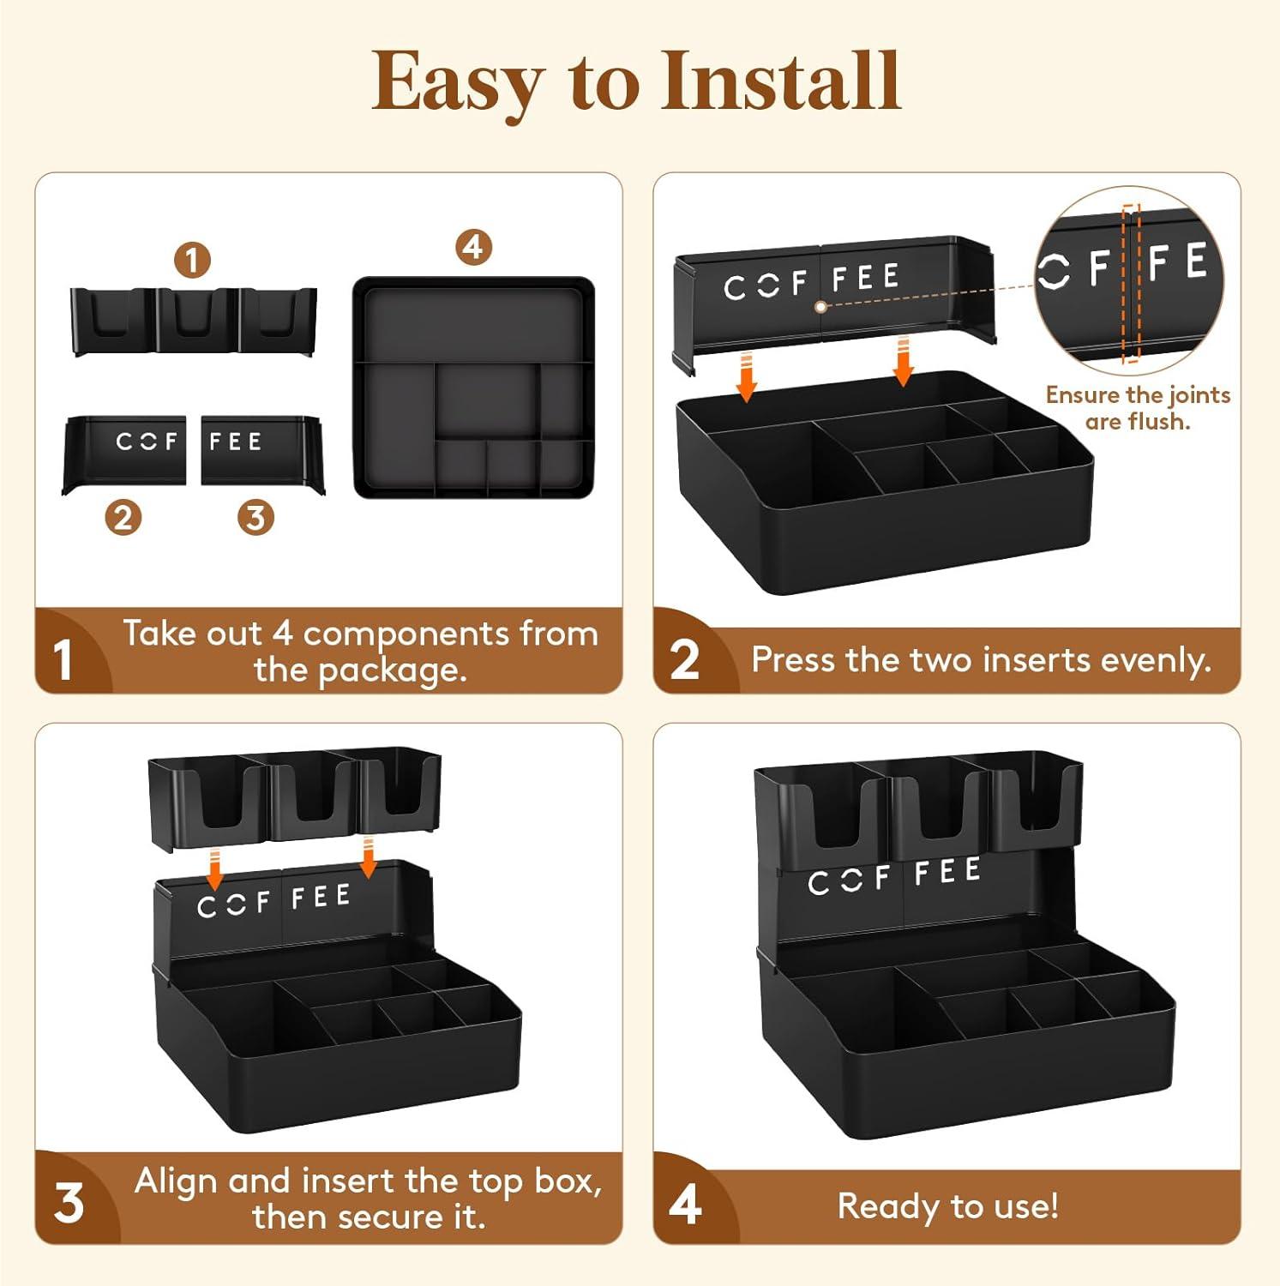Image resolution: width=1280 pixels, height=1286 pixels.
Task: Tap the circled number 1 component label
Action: [x=192, y=260]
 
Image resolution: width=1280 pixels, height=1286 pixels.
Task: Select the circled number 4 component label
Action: [x=473, y=248]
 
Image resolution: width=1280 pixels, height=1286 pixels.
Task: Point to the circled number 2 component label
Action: [x=123, y=518]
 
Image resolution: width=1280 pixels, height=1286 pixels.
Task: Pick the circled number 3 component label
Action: [x=255, y=518]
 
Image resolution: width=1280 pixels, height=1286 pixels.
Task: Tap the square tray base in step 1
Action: [x=473, y=388]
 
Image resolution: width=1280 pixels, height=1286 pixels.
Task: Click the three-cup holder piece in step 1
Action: [x=194, y=321]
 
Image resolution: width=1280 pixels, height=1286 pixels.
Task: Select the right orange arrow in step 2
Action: [x=903, y=361]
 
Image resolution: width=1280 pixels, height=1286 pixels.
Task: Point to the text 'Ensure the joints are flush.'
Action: [x=1138, y=408]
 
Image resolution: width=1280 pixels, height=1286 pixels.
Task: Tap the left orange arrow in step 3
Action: [x=215, y=869]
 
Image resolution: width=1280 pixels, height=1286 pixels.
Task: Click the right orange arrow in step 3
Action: [x=369, y=858]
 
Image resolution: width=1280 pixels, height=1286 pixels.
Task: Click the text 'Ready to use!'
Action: [x=947, y=1206]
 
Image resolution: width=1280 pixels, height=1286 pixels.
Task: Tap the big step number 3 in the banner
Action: [x=69, y=1204]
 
